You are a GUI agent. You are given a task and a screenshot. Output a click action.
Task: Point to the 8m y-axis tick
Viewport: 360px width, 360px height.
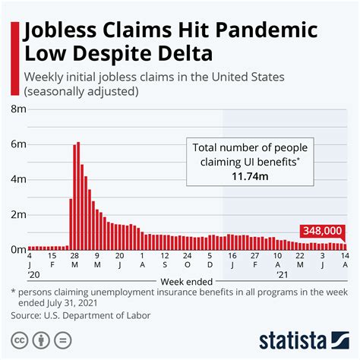[x=17, y=109]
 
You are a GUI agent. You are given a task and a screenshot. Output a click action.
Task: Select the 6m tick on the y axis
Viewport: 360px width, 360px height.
[x=17, y=144]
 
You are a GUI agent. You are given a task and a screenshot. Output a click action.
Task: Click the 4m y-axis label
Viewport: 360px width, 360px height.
[x=17, y=179]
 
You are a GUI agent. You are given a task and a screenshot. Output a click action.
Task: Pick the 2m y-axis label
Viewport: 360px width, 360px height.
[x=17, y=214]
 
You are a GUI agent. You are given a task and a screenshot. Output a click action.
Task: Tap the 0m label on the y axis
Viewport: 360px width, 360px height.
[x=17, y=248]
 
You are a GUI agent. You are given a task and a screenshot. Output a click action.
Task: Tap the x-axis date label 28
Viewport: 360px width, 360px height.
[x=73, y=257]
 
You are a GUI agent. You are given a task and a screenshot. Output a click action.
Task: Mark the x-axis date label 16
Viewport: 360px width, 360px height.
[x=233, y=257]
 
